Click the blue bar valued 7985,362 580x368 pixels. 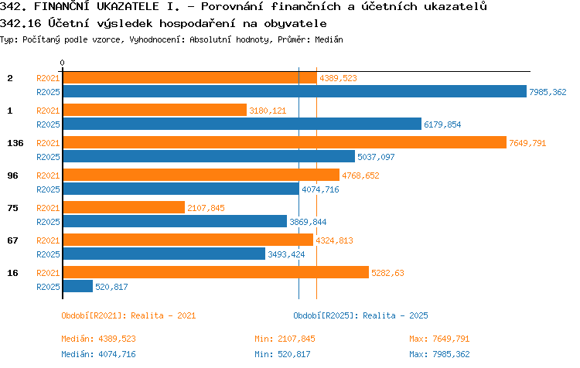[x=295, y=91]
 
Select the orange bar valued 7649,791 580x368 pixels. [x=285, y=142]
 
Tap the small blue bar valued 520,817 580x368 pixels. [x=78, y=286]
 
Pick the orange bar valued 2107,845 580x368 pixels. [x=124, y=207]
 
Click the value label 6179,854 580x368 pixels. [x=442, y=124]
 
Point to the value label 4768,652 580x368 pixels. [x=360, y=175]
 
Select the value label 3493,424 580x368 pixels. [x=286, y=254]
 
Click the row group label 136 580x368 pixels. [x=15, y=143]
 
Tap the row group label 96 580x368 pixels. [x=12, y=175]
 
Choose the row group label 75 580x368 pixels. [x=12, y=208]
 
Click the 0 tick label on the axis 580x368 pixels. [x=62, y=63]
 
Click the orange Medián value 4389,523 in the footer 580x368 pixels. [x=118, y=339]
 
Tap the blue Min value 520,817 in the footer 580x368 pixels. [x=294, y=354]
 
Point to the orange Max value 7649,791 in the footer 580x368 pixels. [x=451, y=339]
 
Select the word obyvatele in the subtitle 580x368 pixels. [x=295, y=24]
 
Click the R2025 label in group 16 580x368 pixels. [x=48, y=287]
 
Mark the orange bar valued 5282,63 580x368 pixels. [x=216, y=272]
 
